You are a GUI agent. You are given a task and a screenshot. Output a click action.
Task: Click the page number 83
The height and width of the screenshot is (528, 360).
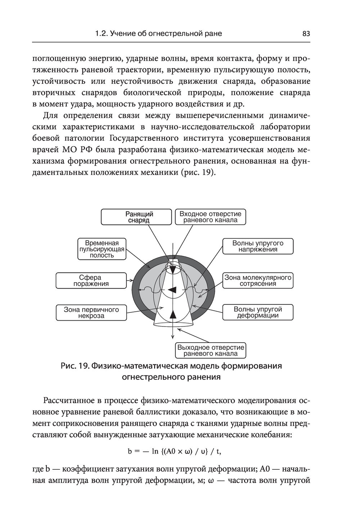[x=306, y=34]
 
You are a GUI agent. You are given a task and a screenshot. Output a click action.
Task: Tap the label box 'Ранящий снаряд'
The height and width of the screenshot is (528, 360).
[x=136, y=217]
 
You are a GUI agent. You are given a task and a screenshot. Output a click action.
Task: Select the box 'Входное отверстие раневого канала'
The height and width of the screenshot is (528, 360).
[x=211, y=217]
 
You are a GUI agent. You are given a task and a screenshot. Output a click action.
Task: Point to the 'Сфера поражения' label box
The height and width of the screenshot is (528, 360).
[x=91, y=281]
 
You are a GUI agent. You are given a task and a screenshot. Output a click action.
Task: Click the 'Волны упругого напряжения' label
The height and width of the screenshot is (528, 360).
[x=258, y=246]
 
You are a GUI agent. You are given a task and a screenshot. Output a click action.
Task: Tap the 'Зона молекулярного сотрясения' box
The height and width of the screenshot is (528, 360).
[x=258, y=281]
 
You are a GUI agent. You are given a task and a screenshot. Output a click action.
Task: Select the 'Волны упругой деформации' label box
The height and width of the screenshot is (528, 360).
[x=258, y=312]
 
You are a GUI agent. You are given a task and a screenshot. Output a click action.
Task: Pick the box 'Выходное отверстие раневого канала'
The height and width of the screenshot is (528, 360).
[x=211, y=350]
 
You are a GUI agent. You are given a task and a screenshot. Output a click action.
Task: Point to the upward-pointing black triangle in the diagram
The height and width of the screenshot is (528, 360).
[x=173, y=314]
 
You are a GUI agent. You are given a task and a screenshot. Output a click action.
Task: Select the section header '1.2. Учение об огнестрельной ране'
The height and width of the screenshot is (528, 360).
[x=158, y=34]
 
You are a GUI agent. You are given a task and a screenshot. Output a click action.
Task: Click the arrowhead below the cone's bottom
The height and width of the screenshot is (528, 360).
[x=173, y=337]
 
